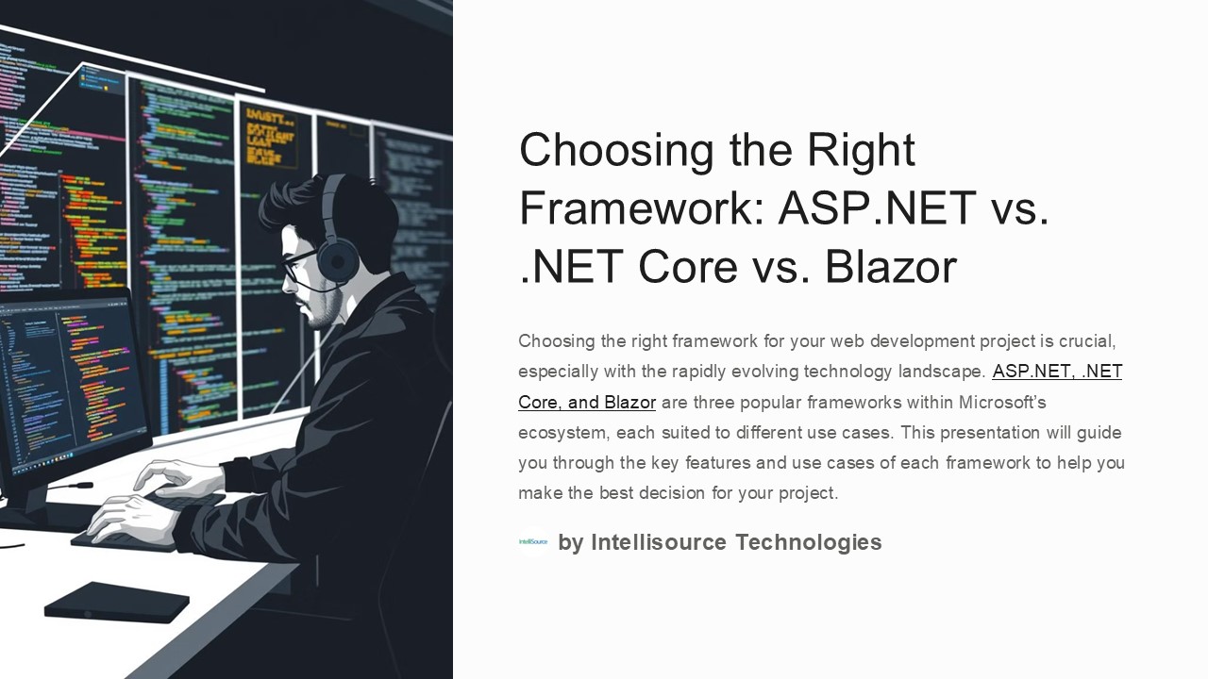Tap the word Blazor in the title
point(891,267)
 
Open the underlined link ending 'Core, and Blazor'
point(586,403)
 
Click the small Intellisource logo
point(533,542)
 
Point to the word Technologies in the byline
point(808,542)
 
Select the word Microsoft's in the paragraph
point(1002,403)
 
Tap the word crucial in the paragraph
point(1088,341)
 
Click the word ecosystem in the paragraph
point(562,433)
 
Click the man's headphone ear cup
point(338,258)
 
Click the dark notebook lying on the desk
point(116,602)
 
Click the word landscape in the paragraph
point(934,372)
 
